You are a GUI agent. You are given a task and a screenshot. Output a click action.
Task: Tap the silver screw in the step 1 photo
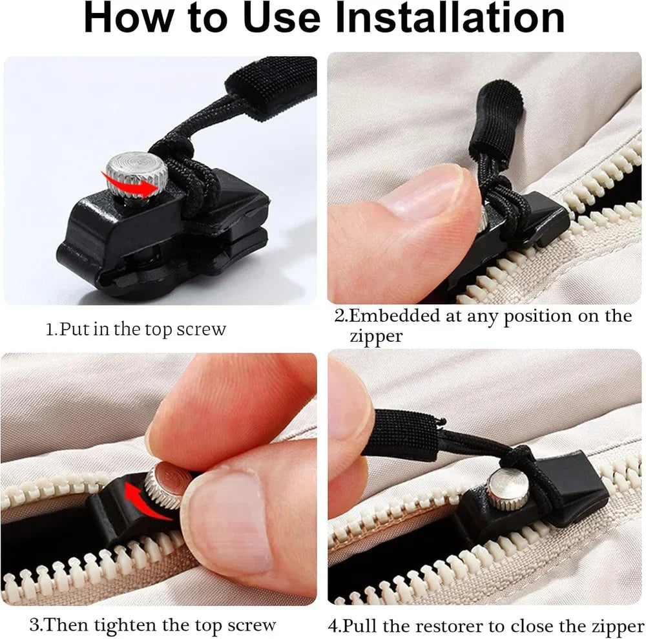coord(136,171)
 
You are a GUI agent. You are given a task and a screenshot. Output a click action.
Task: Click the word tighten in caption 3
coord(129,625)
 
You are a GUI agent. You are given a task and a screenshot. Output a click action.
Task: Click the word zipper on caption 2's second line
coord(376,337)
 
